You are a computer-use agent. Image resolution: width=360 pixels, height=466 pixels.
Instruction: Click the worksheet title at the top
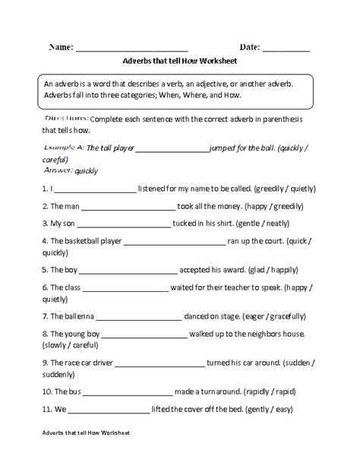[x=179, y=64]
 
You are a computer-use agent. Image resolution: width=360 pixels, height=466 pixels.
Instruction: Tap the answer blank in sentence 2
[x=126, y=207]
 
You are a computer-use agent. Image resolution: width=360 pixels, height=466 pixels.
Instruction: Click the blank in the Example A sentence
[x=174, y=148]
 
